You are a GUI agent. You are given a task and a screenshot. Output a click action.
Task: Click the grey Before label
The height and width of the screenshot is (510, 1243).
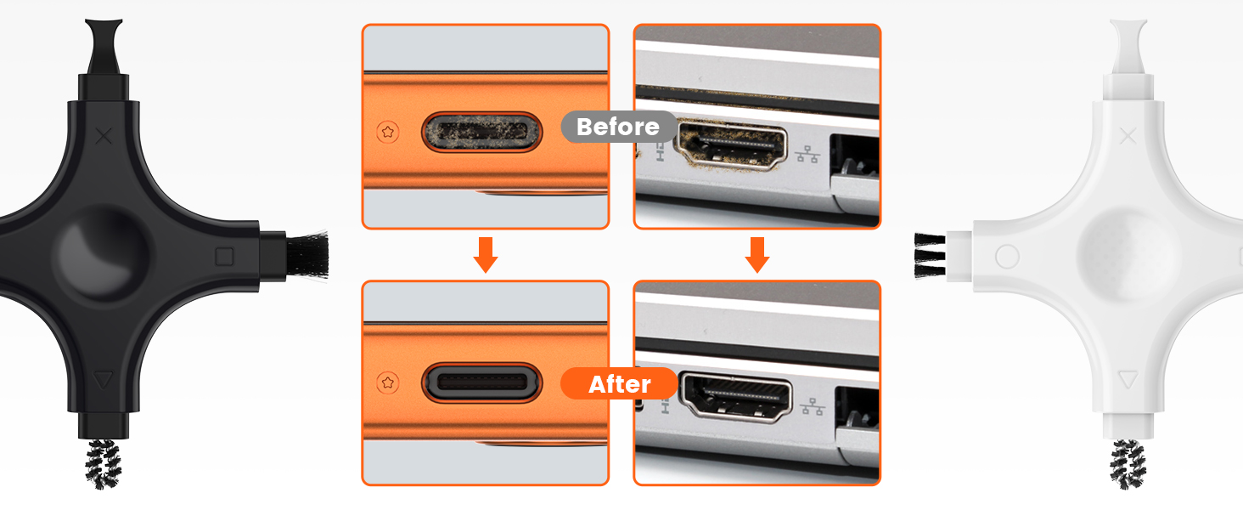pyautogui.click(x=618, y=127)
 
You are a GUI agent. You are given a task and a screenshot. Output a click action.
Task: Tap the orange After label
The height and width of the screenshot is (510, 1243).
pyautogui.click(x=619, y=384)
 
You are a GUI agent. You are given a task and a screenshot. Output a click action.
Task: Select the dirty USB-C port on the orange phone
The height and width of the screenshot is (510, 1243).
pyautogui.click(x=481, y=132)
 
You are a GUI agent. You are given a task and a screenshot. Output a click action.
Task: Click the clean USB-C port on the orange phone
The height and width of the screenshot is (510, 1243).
pyautogui.click(x=481, y=384)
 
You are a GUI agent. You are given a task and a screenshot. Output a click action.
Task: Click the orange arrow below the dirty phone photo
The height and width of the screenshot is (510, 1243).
pyautogui.click(x=486, y=254)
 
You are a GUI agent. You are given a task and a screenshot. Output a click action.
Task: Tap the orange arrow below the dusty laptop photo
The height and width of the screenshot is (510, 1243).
pyautogui.click(x=757, y=254)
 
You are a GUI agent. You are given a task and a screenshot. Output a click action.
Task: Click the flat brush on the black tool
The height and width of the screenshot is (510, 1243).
pyautogui.click(x=305, y=255)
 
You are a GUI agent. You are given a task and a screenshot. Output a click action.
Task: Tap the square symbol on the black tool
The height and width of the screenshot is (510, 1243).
pyautogui.click(x=225, y=256)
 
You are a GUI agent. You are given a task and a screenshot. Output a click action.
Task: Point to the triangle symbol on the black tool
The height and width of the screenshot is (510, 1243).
pyautogui.click(x=103, y=379)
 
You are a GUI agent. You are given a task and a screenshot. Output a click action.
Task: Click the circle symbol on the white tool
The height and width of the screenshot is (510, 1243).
pyautogui.click(x=1007, y=256)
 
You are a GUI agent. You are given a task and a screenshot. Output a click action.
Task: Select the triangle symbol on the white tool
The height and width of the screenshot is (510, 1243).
pyautogui.click(x=1128, y=379)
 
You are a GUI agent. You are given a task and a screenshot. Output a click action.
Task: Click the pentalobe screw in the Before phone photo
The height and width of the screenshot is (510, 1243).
pyautogui.click(x=389, y=132)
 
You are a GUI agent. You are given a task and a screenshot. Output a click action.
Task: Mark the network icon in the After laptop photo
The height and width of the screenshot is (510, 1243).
pyautogui.click(x=812, y=406)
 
